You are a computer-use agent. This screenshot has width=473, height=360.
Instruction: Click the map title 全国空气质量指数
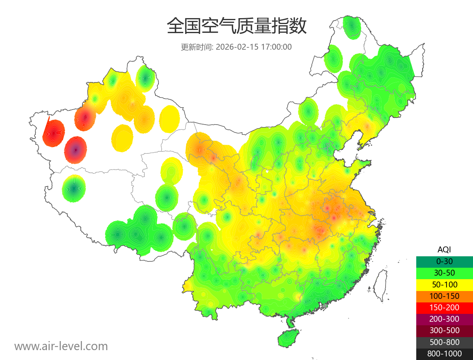coord(236,26)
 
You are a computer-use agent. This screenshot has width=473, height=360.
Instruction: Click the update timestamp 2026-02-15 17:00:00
coord(254,47)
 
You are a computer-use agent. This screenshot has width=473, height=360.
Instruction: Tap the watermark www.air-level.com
coord(61,346)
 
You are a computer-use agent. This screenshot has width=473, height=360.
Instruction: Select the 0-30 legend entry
coord(444,261)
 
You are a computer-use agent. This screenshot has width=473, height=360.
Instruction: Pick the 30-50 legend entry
coord(444,273)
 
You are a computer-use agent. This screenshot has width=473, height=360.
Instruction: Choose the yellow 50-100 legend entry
coord(444,284)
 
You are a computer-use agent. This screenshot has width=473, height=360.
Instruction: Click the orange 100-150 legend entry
coord(444,296)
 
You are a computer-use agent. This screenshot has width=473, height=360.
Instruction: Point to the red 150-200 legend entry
coord(444,307)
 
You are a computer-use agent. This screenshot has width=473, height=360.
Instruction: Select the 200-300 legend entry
coord(444,319)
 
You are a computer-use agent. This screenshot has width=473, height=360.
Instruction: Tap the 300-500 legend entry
coord(444,330)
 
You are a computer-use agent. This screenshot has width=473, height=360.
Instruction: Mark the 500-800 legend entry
coord(444,342)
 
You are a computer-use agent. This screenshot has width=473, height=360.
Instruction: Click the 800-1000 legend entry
coord(444,354)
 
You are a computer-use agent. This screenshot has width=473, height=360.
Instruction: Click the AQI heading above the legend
coord(444,250)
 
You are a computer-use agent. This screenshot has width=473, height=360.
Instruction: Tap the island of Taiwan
coord(380,286)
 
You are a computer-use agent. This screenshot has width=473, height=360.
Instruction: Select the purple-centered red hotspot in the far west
coord(76,150)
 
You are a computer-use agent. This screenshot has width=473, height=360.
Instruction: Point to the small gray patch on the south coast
coord(325,305)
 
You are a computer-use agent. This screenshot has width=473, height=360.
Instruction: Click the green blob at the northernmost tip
coord(352,27)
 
